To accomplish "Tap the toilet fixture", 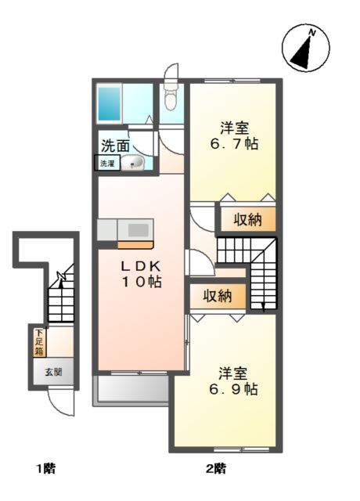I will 171,97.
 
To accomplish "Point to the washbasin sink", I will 135,163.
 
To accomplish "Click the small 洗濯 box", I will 106,164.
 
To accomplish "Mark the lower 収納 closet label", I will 218,296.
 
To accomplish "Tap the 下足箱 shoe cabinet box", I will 38,343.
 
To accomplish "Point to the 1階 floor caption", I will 45,470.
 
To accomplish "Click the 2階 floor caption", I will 217,470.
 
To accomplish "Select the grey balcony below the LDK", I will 131,389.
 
